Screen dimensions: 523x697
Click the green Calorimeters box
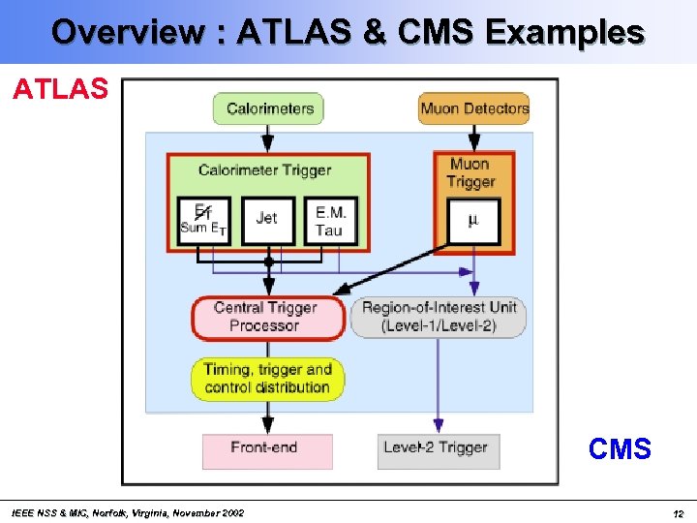[x=268, y=108]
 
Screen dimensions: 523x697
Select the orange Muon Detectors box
[x=473, y=108]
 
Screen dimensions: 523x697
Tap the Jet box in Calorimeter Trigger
[x=266, y=220]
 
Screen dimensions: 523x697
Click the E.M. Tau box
[x=328, y=221]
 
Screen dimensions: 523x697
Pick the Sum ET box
[x=204, y=220]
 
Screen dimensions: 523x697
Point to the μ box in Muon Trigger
[x=472, y=221]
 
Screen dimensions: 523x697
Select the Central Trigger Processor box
[x=267, y=318]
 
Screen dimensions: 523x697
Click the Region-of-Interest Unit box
[x=439, y=318]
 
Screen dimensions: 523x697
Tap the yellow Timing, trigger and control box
[x=267, y=379]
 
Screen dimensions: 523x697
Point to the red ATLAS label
[x=60, y=90]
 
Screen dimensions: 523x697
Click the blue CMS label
[x=620, y=449]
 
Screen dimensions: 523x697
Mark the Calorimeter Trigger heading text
[x=264, y=170]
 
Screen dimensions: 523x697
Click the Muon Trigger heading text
[x=471, y=172]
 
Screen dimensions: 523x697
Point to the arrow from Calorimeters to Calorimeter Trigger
[x=268, y=138]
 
